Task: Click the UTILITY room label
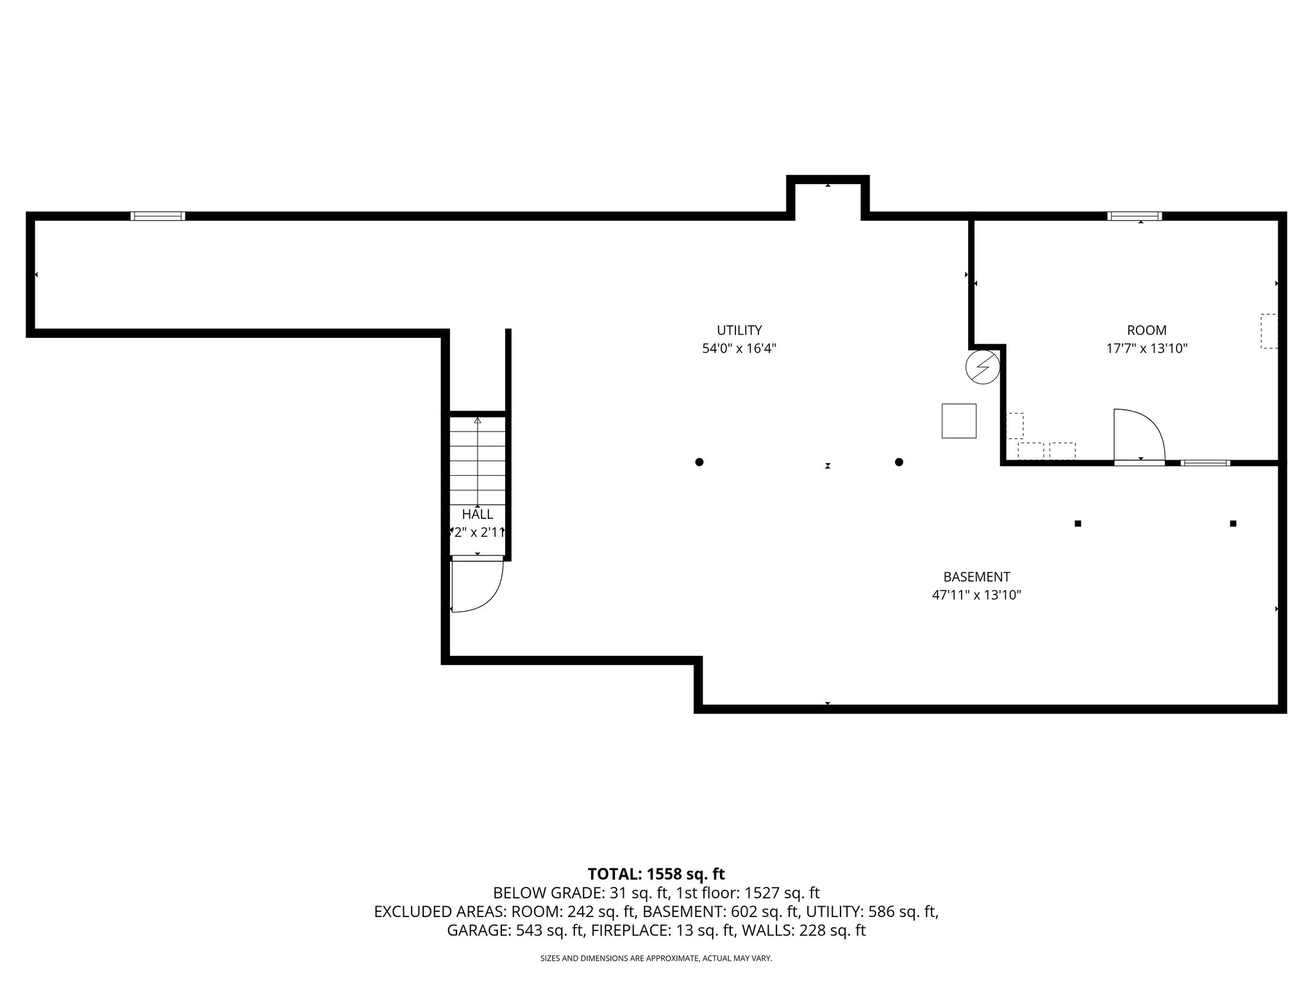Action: point(739,330)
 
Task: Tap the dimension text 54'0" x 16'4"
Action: point(739,349)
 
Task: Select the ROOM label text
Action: point(1146,330)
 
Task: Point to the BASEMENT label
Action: point(976,577)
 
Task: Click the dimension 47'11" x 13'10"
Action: point(976,595)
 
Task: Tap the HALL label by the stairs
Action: point(478,514)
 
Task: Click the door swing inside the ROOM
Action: point(1138,435)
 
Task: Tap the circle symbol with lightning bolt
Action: point(982,367)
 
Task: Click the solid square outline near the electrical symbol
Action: point(958,421)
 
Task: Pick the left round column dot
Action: point(699,462)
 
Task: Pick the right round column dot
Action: point(899,462)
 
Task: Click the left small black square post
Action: point(1078,523)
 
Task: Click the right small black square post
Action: point(1233,523)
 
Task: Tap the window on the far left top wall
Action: point(158,216)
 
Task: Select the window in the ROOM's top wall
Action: point(1134,216)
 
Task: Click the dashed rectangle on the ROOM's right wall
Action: point(1269,331)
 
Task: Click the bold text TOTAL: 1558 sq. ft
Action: point(656,874)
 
